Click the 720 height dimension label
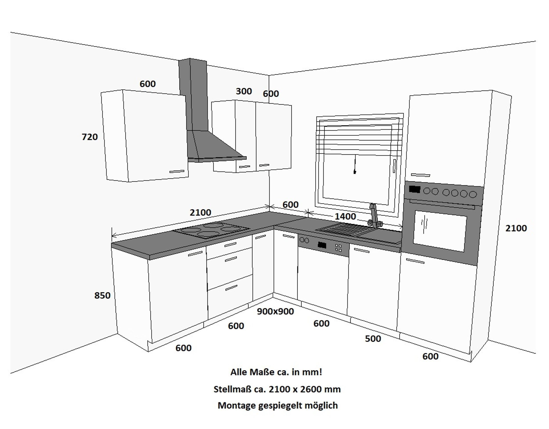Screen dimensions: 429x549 [x=90, y=137]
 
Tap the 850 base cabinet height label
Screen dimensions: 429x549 [x=102, y=295]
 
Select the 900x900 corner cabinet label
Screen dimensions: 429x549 [x=275, y=311]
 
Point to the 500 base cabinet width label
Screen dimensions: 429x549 [x=373, y=339]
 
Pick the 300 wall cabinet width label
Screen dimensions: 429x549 [x=244, y=91]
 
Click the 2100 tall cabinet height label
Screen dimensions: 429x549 [x=516, y=228]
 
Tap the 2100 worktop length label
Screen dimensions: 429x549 [x=200, y=213]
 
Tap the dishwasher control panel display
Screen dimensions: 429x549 [x=322, y=245]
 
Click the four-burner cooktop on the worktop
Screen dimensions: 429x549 [x=211, y=230]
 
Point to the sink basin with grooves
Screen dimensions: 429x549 [x=338, y=229]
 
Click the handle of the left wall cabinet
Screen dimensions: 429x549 [x=177, y=172]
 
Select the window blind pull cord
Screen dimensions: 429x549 [x=355, y=165]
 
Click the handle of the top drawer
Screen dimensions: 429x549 [x=230, y=245]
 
